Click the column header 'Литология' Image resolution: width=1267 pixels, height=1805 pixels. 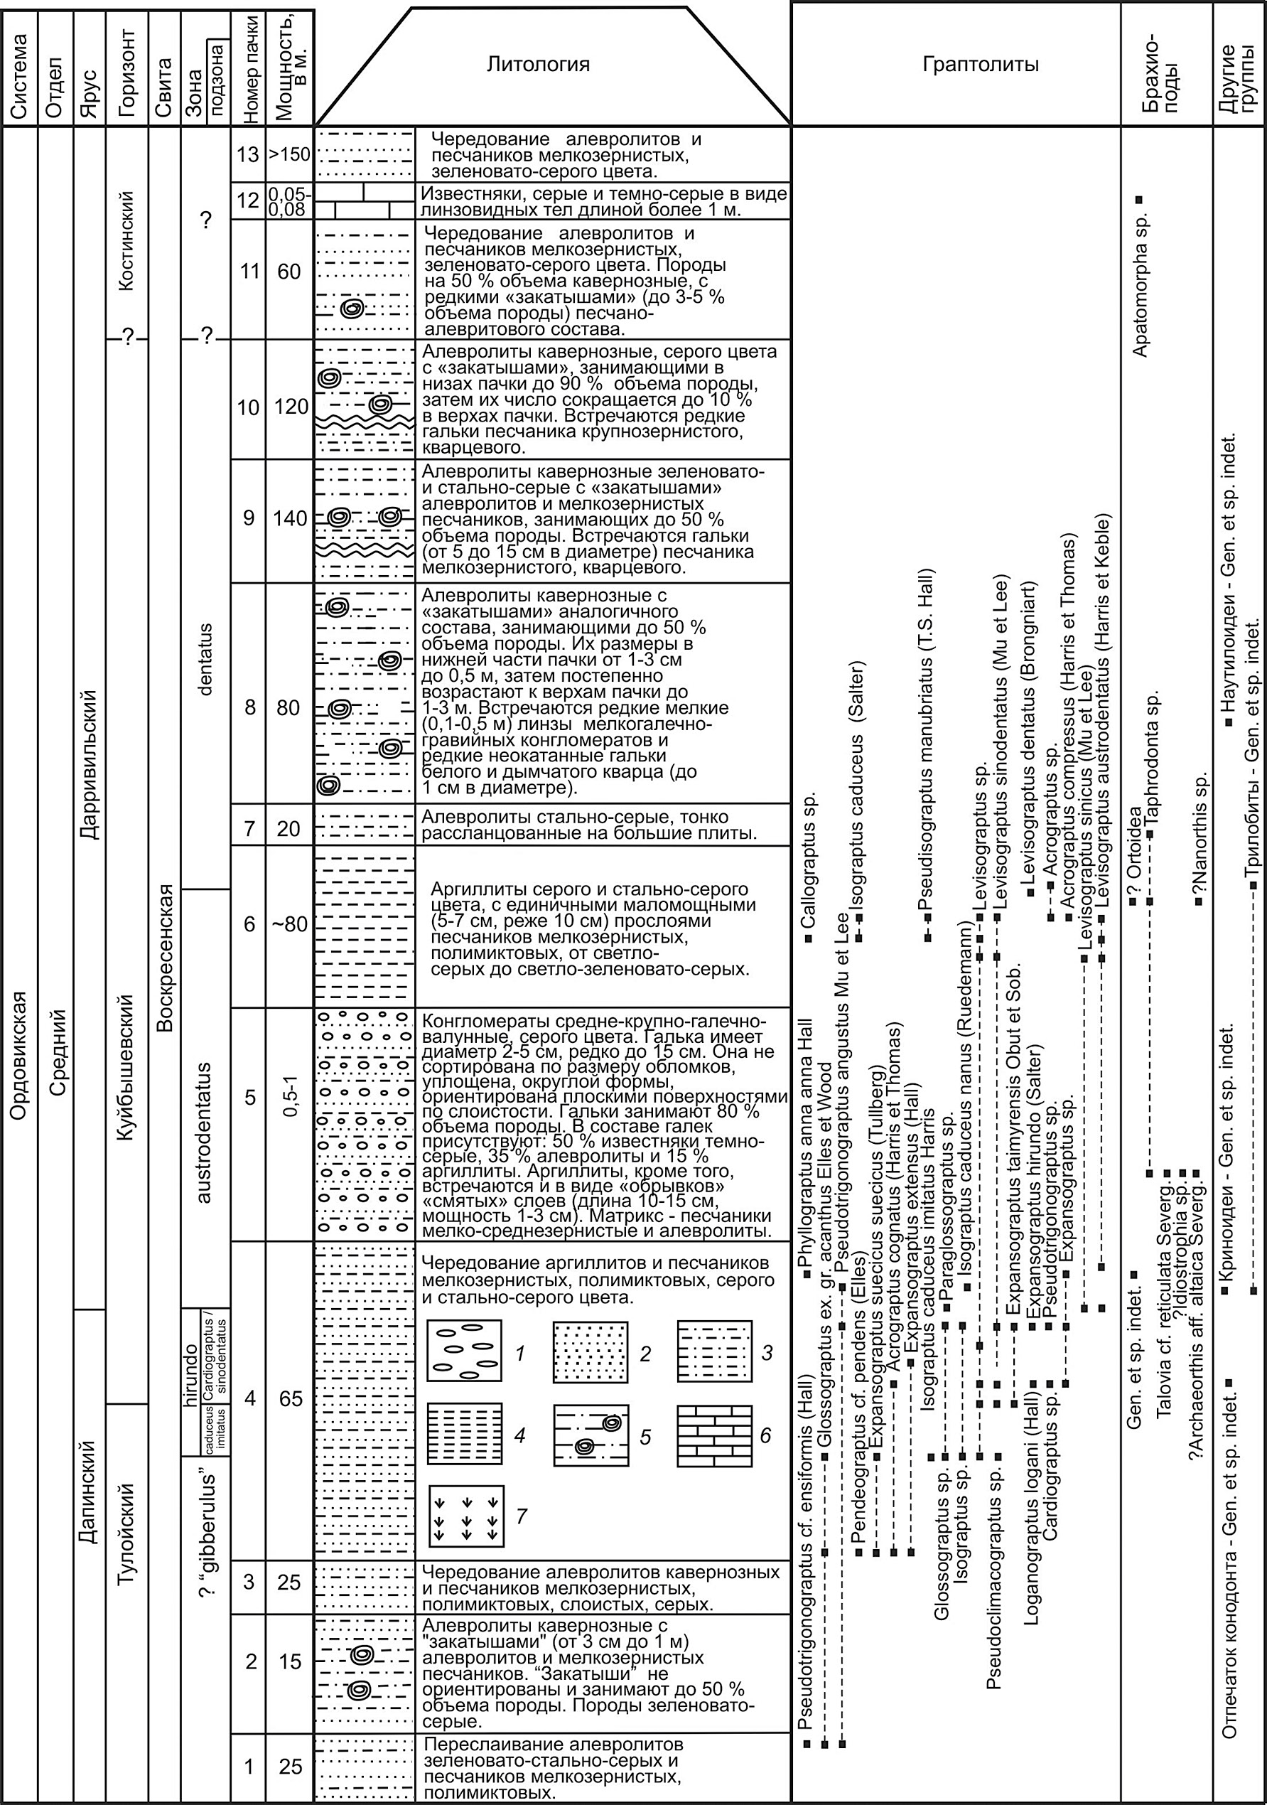click(538, 65)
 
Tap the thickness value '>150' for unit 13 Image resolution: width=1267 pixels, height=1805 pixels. click(289, 154)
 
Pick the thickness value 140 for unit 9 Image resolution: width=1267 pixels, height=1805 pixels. click(289, 519)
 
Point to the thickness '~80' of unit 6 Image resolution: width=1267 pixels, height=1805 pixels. click(289, 924)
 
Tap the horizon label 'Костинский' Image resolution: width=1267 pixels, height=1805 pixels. click(126, 240)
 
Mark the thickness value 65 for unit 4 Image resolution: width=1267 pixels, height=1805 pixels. click(289, 1398)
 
